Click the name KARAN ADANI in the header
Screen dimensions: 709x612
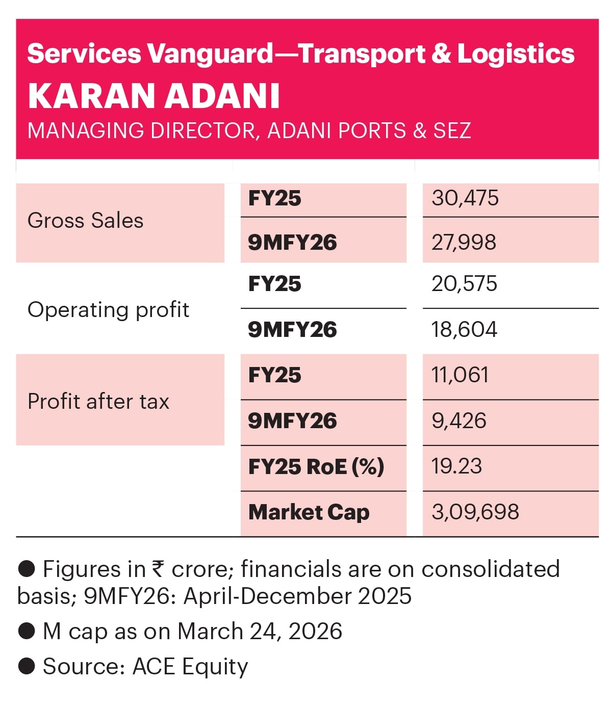(x=154, y=96)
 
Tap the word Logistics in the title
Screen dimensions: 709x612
(x=516, y=54)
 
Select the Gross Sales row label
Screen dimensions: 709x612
(x=85, y=221)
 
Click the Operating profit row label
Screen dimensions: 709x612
(x=108, y=310)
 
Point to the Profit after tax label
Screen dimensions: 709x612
(x=98, y=401)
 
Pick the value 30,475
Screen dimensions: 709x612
(x=465, y=198)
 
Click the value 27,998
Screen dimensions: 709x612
(x=464, y=242)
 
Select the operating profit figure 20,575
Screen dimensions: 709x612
(x=464, y=284)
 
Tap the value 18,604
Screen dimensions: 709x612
(x=464, y=330)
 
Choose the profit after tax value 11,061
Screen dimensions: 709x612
(x=460, y=375)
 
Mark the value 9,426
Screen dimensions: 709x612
(x=458, y=421)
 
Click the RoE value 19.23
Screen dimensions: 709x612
(x=456, y=466)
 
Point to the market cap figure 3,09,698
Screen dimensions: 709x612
(x=475, y=512)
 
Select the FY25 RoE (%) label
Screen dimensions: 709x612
(x=316, y=466)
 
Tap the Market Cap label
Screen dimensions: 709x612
(x=309, y=512)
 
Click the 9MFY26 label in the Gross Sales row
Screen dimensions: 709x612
(x=292, y=242)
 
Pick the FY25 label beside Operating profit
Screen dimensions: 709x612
(x=274, y=284)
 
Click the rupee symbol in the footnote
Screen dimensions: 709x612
(x=158, y=569)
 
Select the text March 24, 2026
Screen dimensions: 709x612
(x=260, y=631)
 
